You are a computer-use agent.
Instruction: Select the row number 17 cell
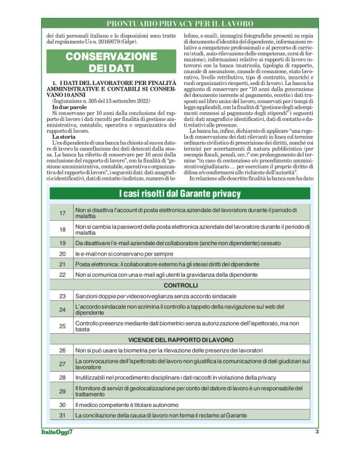coord(62,213)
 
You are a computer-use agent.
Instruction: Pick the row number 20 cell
coord(62,254)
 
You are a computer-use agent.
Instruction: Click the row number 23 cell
coord(62,296)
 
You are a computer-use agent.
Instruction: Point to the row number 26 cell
coord(62,351)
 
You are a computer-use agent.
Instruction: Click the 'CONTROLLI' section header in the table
coord(180,285)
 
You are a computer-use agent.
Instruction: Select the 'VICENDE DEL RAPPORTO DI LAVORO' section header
coord(180,340)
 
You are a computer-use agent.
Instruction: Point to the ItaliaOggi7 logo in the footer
coord(55,432)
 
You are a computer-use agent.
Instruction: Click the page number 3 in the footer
coord(317,432)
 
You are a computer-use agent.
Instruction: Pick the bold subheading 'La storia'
coord(64,136)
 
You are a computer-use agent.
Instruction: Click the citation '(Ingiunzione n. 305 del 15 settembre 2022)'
coord(99,102)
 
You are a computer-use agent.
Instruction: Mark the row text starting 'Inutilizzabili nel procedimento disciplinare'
coord(176,377)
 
